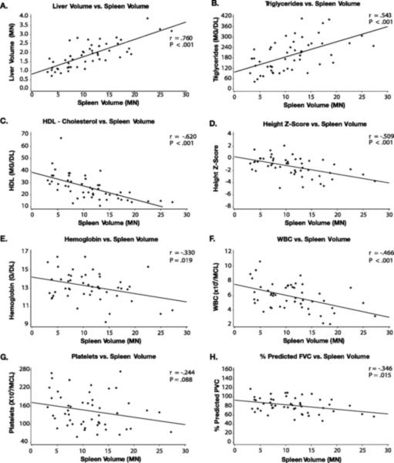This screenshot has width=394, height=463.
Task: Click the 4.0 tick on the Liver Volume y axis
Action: [23, 15]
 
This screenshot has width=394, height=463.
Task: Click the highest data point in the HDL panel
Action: [61, 139]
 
